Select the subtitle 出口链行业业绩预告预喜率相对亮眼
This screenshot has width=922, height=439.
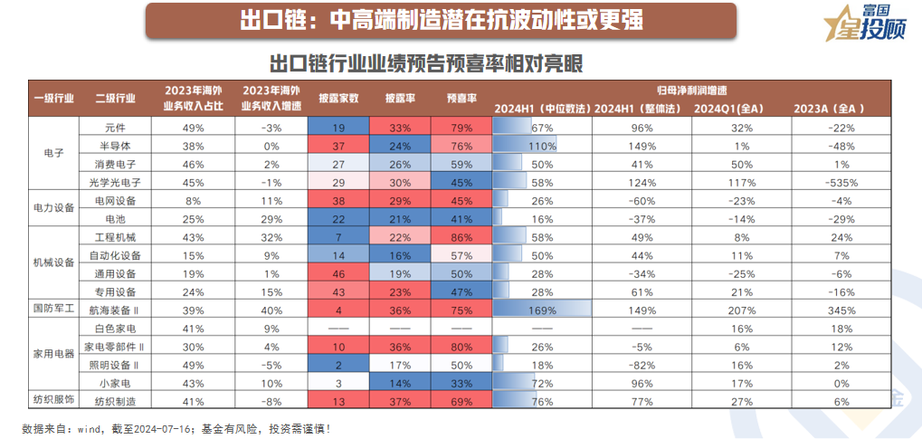coord(425,64)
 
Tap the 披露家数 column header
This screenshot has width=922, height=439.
coord(338,98)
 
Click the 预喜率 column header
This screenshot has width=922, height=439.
coord(462,98)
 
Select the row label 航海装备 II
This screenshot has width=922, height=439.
coord(115,310)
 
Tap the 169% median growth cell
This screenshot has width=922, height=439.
coord(542,310)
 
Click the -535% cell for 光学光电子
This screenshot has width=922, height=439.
coord(840,182)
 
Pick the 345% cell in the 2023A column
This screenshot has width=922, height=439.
coord(840,310)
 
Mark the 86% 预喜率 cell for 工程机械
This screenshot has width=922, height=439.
coord(462,236)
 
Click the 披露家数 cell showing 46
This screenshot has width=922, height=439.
coord(338,273)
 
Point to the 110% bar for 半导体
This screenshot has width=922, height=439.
coord(542,146)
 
